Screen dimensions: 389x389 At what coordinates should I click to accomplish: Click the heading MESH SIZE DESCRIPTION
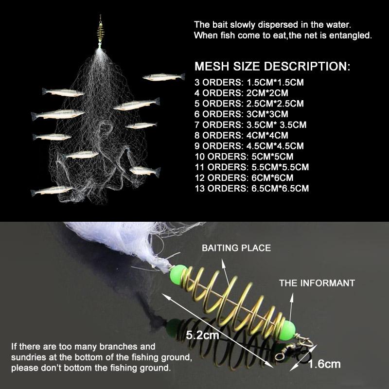coord(272,67)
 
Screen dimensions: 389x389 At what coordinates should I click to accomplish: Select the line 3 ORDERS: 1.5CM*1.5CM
coord(249,82)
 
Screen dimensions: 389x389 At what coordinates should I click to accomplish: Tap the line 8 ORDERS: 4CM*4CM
coord(241,136)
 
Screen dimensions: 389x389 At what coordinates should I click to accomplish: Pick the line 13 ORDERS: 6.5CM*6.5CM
coord(252,189)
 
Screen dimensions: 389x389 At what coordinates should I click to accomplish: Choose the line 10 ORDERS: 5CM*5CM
coord(244,157)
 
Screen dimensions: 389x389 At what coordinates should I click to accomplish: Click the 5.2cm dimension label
coord(202,336)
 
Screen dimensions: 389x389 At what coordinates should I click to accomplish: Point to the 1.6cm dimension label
coord(324,364)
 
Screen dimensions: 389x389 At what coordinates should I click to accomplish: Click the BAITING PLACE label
coord(236,248)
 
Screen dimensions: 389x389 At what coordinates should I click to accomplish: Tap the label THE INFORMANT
coord(317,283)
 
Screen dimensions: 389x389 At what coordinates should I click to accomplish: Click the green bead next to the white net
coord(178,274)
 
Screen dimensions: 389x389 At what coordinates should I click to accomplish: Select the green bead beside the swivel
coord(288,330)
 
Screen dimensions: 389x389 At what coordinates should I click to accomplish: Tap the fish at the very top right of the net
coord(164,77)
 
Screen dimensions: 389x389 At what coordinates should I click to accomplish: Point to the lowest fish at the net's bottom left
coord(52,190)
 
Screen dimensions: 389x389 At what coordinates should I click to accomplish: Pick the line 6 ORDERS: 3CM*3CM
coord(241,114)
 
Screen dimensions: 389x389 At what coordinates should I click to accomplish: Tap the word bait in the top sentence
coord(220,25)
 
